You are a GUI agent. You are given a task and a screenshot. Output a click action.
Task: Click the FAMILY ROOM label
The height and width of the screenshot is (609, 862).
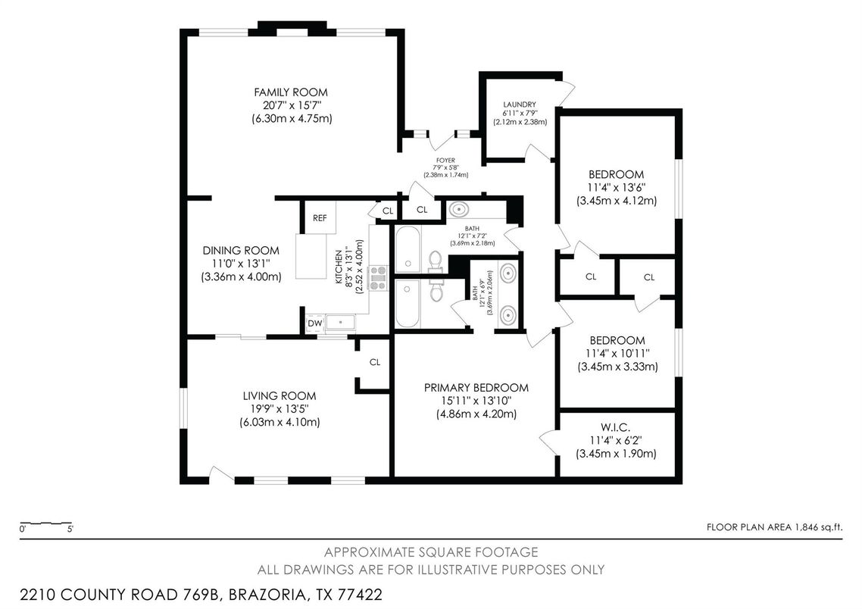click(x=291, y=92)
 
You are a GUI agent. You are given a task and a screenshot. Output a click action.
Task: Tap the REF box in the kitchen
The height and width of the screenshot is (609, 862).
click(x=319, y=218)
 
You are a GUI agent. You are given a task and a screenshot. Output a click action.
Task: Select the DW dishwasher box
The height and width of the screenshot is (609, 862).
click(x=315, y=323)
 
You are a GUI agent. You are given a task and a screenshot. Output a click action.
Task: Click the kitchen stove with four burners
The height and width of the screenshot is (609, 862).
click(x=379, y=278)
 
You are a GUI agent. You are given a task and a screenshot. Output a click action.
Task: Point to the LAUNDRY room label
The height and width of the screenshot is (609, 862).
click(x=520, y=105)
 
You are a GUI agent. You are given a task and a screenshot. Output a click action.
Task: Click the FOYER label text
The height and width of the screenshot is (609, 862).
click(x=445, y=161)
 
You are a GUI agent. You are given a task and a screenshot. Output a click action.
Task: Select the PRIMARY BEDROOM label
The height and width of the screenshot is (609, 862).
click(x=476, y=388)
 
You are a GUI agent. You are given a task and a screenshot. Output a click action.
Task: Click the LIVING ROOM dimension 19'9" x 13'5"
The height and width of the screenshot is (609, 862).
click(x=280, y=409)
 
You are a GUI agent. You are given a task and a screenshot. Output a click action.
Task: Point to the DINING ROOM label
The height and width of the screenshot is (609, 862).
click(x=241, y=251)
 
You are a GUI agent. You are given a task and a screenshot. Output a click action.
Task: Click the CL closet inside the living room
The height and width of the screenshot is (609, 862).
click(x=374, y=362)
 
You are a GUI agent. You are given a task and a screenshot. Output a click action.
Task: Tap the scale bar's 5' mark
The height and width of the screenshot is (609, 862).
click(x=70, y=529)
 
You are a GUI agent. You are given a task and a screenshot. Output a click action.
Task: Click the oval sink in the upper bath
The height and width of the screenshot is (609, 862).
click(x=459, y=209)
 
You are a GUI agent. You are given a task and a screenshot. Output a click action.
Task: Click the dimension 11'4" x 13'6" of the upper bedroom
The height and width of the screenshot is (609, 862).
click(x=616, y=187)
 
